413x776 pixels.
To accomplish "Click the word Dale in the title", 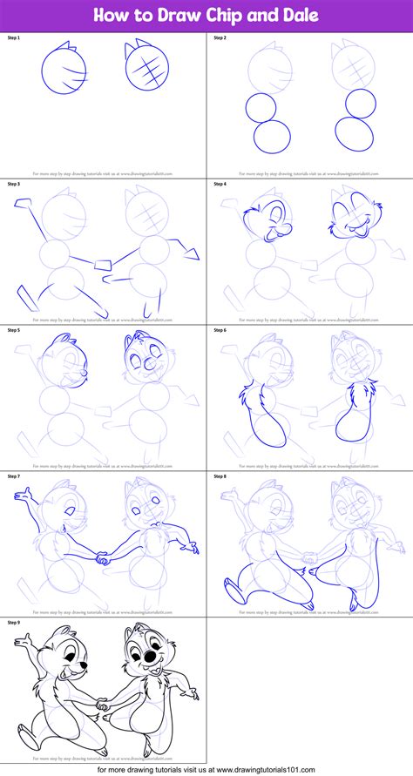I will coord(294,15).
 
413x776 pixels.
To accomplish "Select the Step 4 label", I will coord(219,184).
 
